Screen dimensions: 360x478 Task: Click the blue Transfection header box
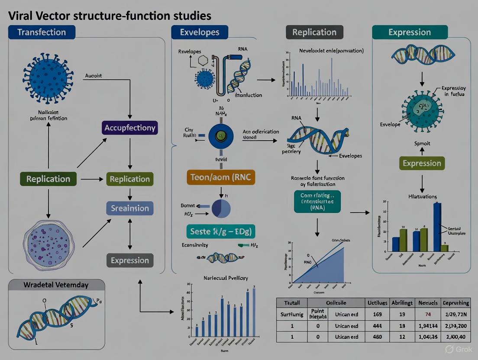(x=42, y=32)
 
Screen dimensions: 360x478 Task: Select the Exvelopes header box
(x=200, y=32)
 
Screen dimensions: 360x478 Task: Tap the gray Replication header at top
(x=314, y=32)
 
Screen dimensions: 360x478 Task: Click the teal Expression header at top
(x=409, y=32)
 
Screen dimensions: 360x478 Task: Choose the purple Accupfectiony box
(x=130, y=128)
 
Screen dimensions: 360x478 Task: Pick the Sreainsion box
(x=130, y=208)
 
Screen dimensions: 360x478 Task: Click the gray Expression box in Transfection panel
(x=130, y=260)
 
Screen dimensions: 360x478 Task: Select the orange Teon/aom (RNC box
(x=221, y=177)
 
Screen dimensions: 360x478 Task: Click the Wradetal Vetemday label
(x=57, y=285)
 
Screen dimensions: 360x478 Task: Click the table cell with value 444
(x=377, y=325)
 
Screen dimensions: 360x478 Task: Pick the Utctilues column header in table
(x=377, y=303)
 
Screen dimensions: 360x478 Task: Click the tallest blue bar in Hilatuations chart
(x=437, y=227)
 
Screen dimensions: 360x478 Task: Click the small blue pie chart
(x=221, y=208)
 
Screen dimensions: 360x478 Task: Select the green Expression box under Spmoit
(x=422, y=163)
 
